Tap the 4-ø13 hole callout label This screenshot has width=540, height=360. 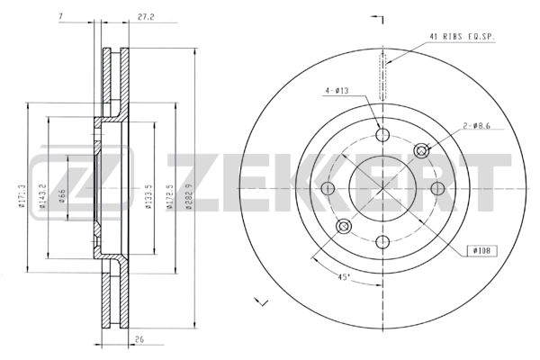337,90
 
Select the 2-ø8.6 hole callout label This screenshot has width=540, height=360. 476,127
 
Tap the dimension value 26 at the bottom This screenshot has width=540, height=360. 139,341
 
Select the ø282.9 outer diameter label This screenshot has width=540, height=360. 190,193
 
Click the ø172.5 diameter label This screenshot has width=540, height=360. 171,193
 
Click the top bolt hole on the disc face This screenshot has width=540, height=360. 382,135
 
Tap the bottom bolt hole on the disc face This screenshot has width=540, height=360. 382,240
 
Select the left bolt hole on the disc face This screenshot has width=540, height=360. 328,188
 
